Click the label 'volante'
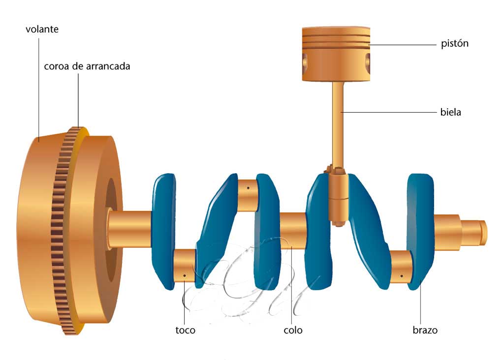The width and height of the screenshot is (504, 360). coord(42,30)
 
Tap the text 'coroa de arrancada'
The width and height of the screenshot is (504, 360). coord(87,66)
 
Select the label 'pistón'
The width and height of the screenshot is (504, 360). coord(454,44)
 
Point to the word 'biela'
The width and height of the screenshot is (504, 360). coord(450,112)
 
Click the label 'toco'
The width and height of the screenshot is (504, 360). coord(185,330)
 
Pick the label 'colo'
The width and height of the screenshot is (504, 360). coord(293,330)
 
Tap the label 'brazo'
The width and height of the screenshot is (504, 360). coord(425,330)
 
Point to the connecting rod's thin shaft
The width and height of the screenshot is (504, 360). coord(338,123)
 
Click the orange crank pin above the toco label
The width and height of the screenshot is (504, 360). coord(185,266)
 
